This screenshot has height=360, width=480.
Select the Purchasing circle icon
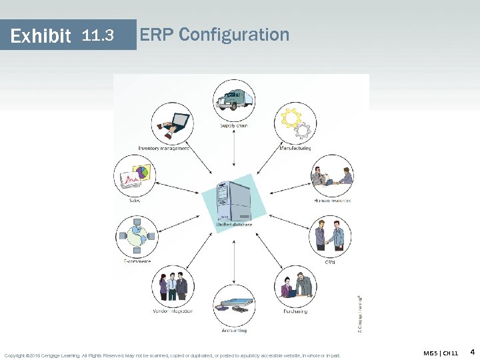[x=295, y=286]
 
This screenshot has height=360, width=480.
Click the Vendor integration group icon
[x=172, y=286]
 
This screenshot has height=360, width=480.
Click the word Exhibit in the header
[x=41, y=35]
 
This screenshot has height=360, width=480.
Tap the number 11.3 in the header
[x=98, y=35]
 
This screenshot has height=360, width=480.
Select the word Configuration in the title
[x=234, y=34]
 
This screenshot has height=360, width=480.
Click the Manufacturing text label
[x=295, y=148]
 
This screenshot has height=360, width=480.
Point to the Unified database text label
[x=233, y=225]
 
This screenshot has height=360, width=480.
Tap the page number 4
[x=472, y=351]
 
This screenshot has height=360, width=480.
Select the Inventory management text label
[x=164, y=148]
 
